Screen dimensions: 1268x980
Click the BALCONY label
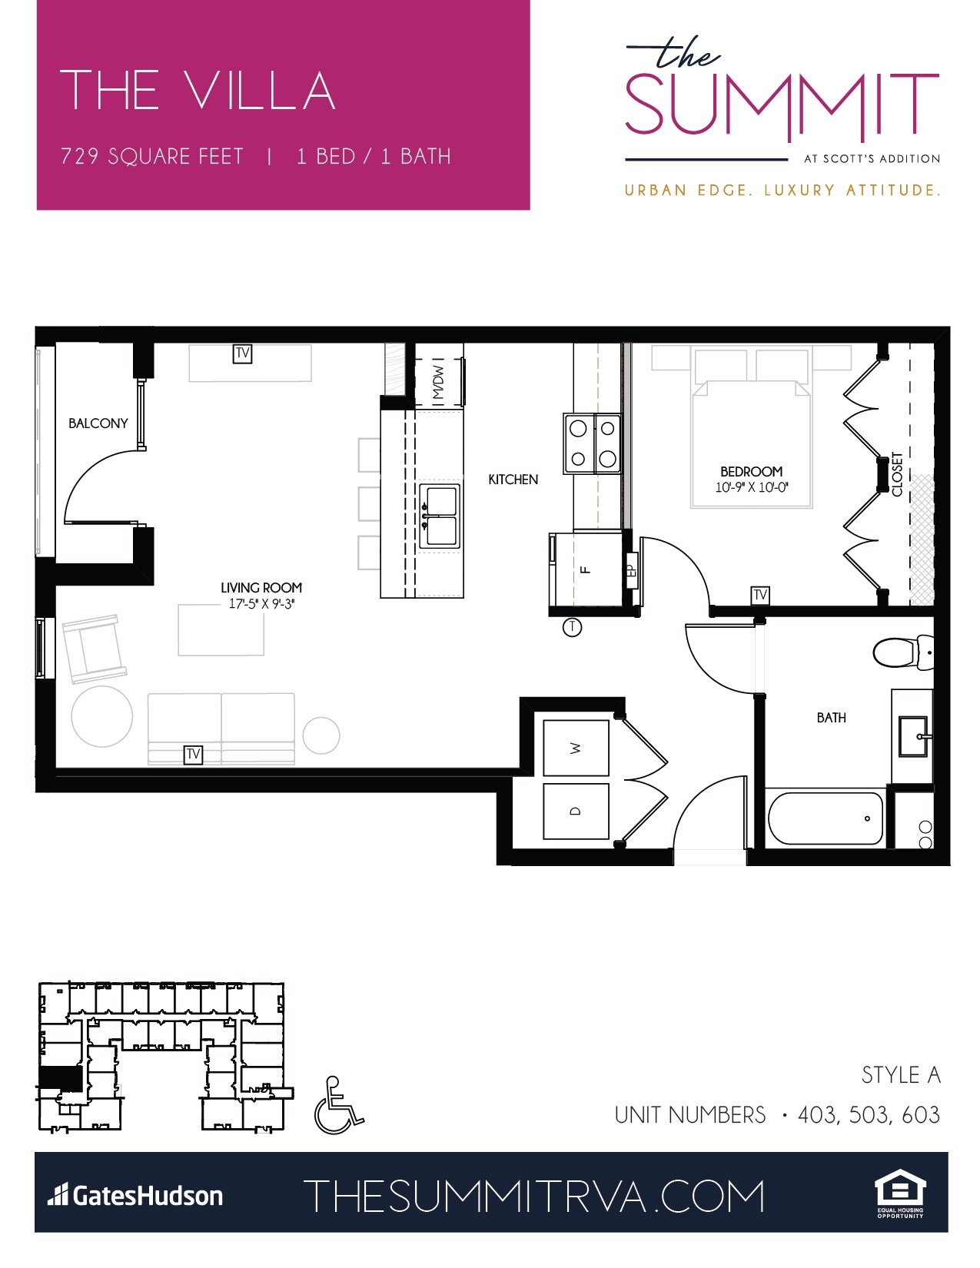(98, 423)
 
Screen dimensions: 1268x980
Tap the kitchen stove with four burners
(593, 443)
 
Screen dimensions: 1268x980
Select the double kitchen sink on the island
(440, 516)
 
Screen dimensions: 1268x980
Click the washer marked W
(576, 748)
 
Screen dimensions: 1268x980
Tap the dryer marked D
(576, 812)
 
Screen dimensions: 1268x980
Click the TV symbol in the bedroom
(760, 595)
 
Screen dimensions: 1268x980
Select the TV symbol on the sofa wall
(193, 754)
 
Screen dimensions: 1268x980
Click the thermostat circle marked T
(572, 627)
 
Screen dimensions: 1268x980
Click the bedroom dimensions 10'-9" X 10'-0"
(752, 487)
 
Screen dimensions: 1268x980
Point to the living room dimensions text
(261, 604)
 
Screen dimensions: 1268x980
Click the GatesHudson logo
(135, 1196)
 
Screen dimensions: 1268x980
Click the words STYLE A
(900, 1075)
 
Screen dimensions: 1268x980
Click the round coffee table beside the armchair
(101, 716)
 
